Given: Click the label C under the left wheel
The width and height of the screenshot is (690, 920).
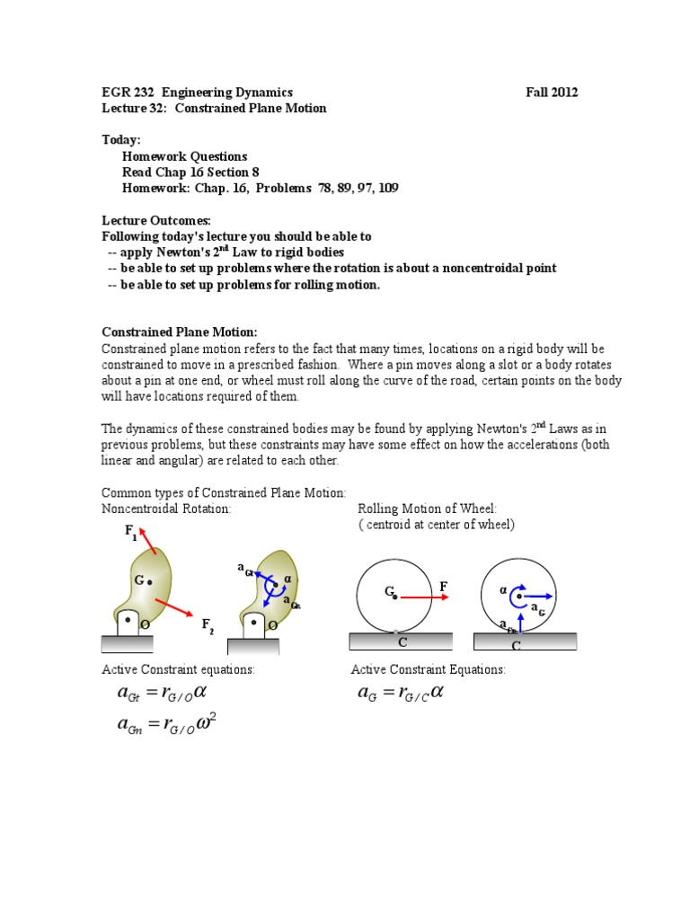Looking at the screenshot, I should click(402, 642).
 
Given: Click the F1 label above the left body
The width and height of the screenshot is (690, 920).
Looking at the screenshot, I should click(131, 533).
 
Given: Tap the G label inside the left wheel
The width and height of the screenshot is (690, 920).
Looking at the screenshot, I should click(390, 592).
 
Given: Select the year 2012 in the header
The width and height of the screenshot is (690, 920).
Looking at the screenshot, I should click(565, 93).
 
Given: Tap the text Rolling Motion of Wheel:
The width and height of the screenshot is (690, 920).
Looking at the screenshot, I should click(427, 509).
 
